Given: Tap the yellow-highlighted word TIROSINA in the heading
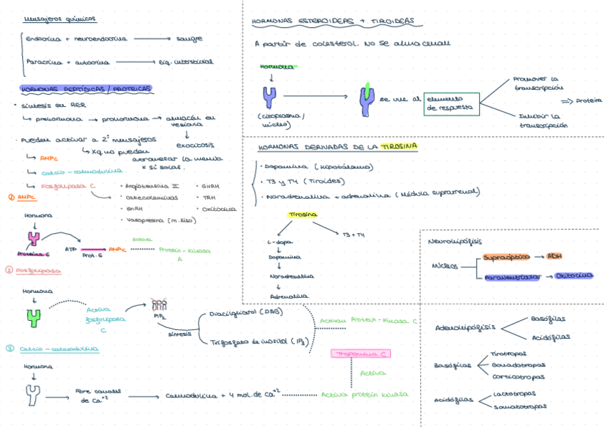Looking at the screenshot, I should click(399, 147).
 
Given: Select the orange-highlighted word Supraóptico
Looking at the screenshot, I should click(504, 257).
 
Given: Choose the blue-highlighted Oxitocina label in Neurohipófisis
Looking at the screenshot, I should click(574, 275).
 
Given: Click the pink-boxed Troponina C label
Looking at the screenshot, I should click(363, 354).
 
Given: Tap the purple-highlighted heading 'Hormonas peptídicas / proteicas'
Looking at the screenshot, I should click(86, 89).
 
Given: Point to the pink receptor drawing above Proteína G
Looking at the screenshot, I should click(33, 237).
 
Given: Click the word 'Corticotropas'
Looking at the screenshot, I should click(518, 376).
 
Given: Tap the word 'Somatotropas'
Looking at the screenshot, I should click(521, 407).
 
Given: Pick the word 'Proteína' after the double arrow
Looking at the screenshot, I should click(588, 101).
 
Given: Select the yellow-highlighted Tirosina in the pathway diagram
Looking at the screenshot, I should click(303, 215).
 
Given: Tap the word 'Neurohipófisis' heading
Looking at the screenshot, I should click(452, 242).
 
